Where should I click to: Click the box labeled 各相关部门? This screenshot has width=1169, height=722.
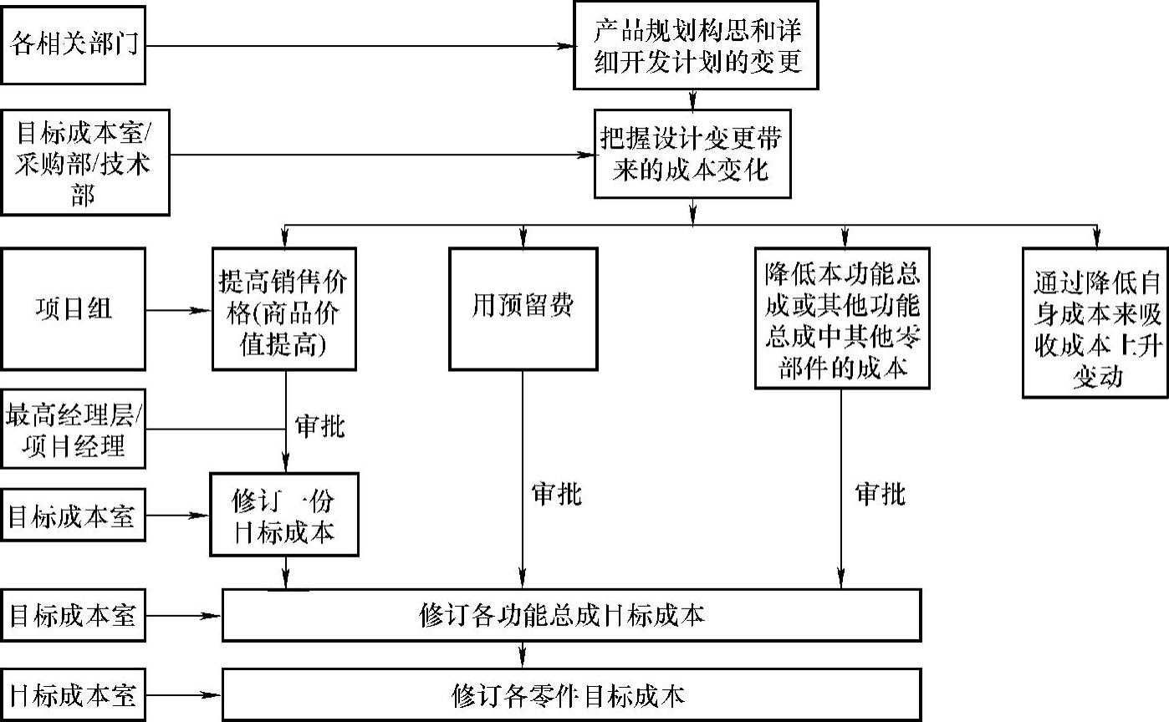73,44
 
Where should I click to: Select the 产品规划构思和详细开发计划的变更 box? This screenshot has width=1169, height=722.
695,44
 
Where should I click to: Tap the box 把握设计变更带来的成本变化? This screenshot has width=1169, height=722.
693,154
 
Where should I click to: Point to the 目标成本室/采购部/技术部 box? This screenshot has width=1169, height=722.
84,161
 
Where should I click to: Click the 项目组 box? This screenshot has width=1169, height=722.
73,309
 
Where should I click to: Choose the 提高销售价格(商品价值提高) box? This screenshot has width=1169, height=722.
285,309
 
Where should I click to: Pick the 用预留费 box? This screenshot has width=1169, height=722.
523,309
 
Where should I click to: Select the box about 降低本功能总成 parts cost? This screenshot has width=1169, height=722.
842,318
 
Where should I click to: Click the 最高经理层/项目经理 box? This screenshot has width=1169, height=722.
73,430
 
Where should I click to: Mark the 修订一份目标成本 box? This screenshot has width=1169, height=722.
284,515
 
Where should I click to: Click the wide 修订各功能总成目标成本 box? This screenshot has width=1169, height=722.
571,615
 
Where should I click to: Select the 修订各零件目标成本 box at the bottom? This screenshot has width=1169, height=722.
571,694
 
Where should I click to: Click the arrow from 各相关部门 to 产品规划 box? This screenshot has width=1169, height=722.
360,44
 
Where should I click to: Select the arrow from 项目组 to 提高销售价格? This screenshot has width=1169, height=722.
179,310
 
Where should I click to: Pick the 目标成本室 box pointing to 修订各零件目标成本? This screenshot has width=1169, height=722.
73,694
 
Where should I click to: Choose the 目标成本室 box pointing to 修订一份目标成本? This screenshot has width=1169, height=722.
73,515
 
